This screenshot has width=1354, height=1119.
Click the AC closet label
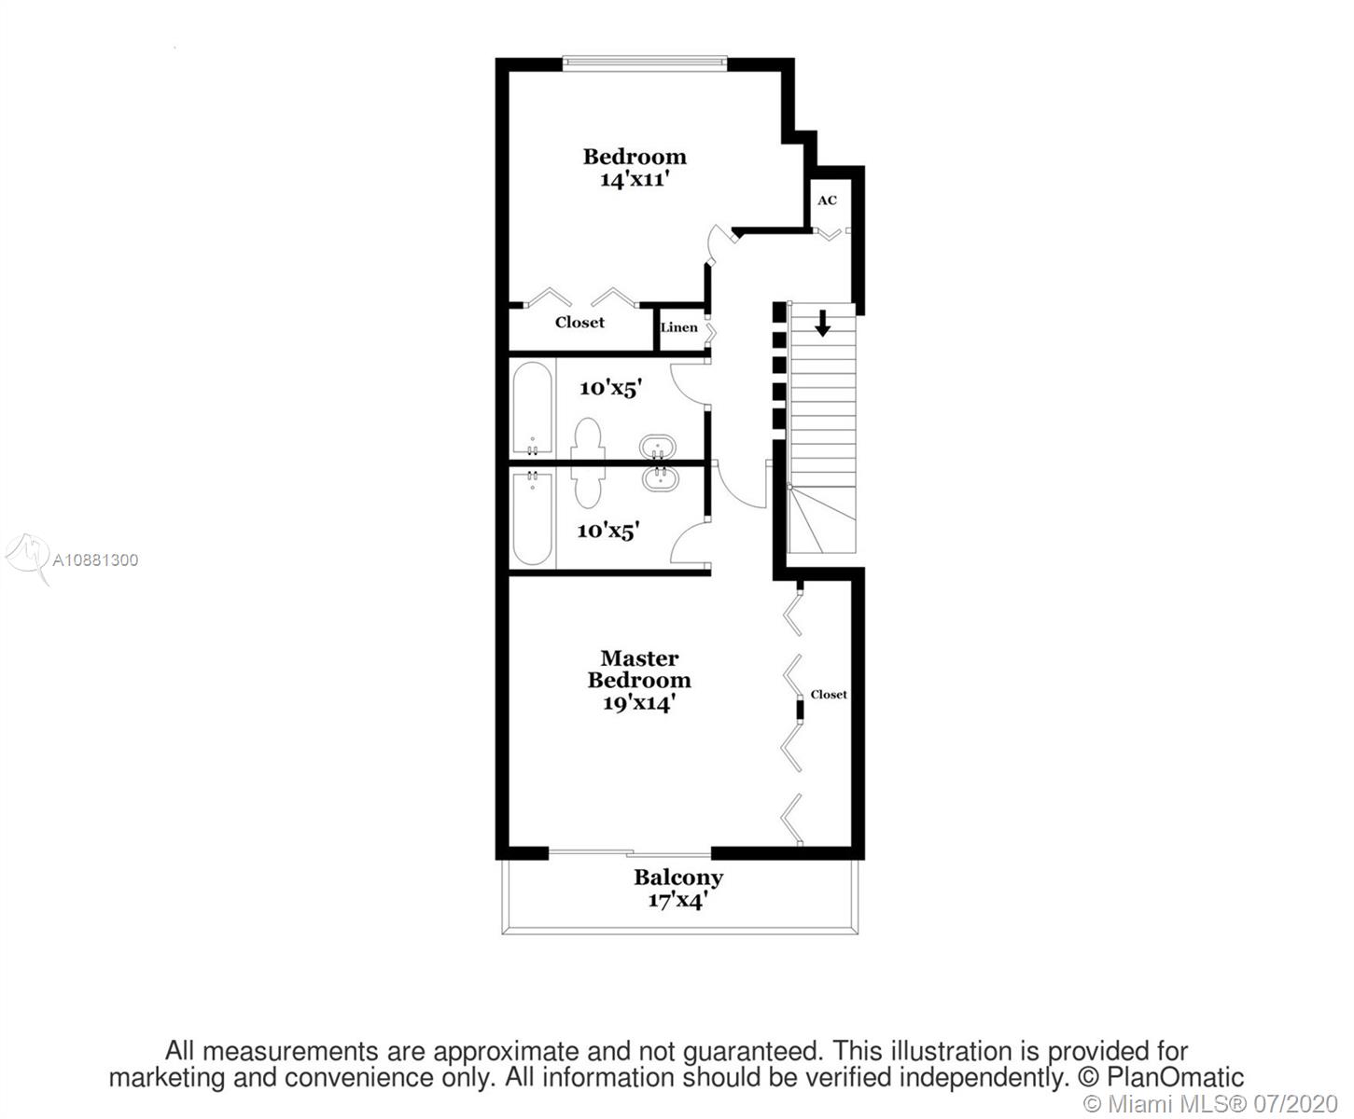point(827,200)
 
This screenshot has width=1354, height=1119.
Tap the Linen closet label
point(678,327)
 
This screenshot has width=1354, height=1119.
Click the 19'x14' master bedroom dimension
point(638,703)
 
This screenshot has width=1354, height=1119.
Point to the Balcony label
point(678,877)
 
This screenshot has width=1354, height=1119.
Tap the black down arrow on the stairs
point(822,324)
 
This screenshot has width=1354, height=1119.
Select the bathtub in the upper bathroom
point(532,408)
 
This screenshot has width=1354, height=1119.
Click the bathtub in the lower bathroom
point(532,518)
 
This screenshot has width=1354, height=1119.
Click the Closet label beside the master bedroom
point(829,695)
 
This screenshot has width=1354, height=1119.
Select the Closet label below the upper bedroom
point(579,323)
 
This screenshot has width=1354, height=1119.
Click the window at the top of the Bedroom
point(645,63)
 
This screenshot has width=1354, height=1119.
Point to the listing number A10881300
point(95,560)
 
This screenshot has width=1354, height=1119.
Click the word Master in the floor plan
point(639,658)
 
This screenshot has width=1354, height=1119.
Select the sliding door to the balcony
point(629,852)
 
